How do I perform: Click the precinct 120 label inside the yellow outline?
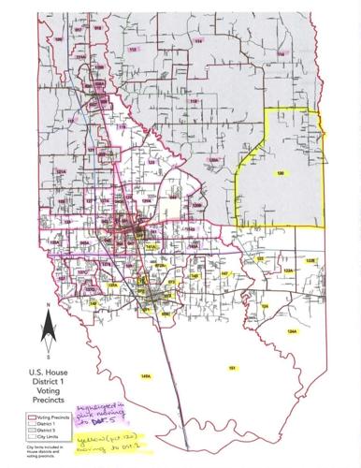pos(280,174)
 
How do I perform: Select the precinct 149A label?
pos(145,376)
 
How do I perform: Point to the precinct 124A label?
pos(292,332)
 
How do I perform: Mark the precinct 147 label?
pos(224,273)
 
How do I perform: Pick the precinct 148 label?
pos(195,277)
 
